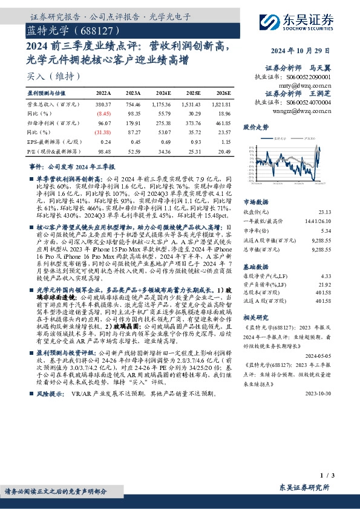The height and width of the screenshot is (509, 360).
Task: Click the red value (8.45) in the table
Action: tap(104, 113)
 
